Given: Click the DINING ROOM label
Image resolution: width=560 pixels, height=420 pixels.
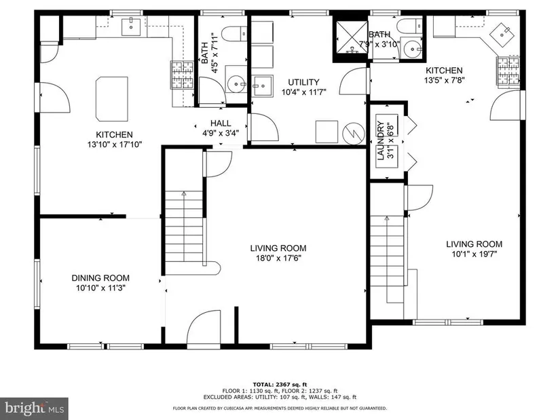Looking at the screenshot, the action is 100,278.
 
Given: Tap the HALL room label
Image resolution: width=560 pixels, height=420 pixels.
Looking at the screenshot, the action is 221,123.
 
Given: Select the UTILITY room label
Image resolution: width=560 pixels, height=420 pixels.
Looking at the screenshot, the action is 303,82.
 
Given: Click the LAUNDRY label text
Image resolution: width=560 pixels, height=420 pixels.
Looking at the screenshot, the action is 380,140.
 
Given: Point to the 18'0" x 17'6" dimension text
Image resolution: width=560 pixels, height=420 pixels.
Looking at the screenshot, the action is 278,258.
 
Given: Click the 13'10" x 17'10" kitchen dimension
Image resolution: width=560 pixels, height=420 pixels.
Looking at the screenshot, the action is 115,145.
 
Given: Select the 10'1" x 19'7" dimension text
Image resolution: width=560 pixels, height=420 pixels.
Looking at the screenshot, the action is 474,254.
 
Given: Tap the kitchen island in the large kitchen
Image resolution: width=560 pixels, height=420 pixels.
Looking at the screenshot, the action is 112,99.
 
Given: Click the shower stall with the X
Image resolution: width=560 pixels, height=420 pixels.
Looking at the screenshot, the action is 350,37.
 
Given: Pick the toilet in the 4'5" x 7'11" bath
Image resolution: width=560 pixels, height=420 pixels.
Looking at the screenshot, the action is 234,35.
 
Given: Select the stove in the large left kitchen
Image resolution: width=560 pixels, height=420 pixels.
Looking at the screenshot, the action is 182,75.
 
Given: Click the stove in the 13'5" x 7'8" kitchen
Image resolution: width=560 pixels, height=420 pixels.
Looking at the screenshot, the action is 508,71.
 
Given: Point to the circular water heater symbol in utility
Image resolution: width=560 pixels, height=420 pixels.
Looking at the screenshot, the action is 354,134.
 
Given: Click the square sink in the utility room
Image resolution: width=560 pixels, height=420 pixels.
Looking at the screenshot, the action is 263,85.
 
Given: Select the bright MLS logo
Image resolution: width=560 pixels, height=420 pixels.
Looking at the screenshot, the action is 35,408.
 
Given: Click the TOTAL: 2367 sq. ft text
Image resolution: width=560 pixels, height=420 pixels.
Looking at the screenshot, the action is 280,384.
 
